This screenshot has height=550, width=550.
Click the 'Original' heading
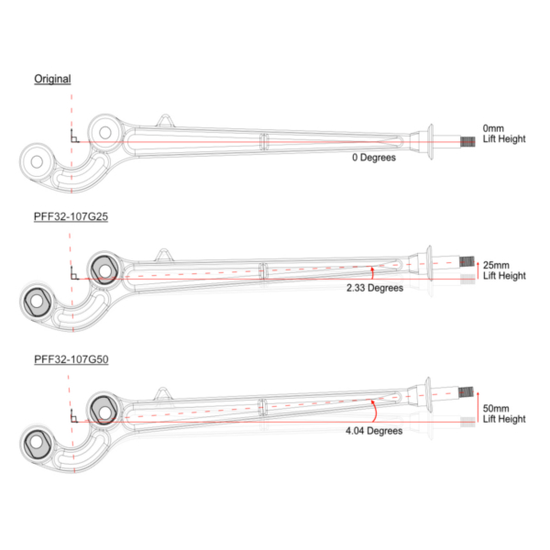[x=52, y=79]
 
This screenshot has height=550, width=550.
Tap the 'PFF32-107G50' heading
[x=71, y=358]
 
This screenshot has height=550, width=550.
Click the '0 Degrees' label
[x=373, y=158]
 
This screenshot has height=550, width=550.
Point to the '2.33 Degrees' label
[x=374, y=288]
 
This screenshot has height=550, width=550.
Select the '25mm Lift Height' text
[x=503, y=269]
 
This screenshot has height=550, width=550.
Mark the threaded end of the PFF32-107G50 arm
[x=467, y=391]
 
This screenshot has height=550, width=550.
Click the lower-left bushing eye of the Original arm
[x=38, y=161]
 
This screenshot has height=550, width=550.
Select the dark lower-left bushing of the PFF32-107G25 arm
[x=38, y=301]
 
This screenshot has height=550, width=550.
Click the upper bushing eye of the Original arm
[x=105, y=133]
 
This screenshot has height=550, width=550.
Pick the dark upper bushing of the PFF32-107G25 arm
[x=103, y=269]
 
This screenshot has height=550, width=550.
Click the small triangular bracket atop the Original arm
[x=164, y=120]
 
